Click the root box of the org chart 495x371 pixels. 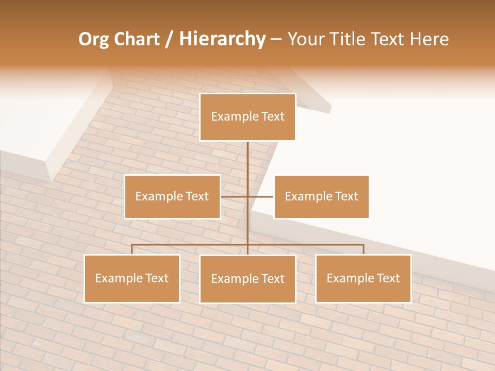[247, 117]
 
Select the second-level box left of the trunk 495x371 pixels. [172, 196]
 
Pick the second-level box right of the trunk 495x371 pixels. [321, 196]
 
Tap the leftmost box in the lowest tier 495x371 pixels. [132, 278]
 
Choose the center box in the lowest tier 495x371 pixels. [247, 279]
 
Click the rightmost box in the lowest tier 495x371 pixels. [364, 278]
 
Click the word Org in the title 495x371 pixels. [93, 39]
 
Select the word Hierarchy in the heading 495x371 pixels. [222, 39]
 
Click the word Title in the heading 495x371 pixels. [348, 39]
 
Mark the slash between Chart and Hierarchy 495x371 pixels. [169, 39]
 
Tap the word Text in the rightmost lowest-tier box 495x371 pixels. [388, 278]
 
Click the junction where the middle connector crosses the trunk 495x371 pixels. [247, 196]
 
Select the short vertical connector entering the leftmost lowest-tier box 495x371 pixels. [132, 249]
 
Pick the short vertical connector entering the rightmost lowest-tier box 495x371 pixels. [364, 249]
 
